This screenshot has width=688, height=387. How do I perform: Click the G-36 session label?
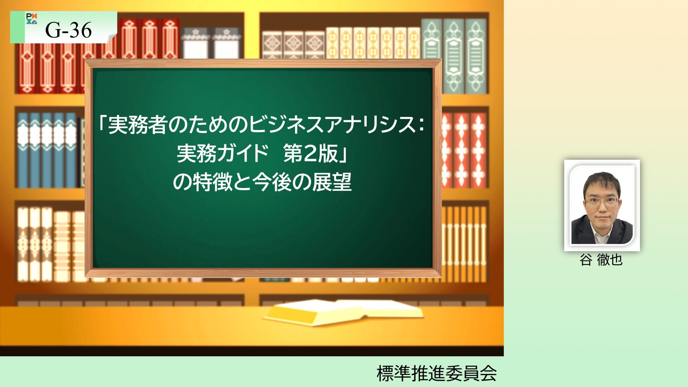[68, 30]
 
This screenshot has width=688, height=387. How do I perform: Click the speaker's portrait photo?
[602, 206]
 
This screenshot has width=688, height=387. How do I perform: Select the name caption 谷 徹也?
[601, 260]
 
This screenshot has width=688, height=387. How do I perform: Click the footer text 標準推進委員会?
[437, 373]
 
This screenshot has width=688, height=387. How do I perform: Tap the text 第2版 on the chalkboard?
[310, 153]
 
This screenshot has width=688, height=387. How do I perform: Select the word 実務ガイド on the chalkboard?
[223, 153]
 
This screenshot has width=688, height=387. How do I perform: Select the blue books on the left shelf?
[47, 150]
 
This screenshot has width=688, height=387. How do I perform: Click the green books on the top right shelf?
[454, 56]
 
